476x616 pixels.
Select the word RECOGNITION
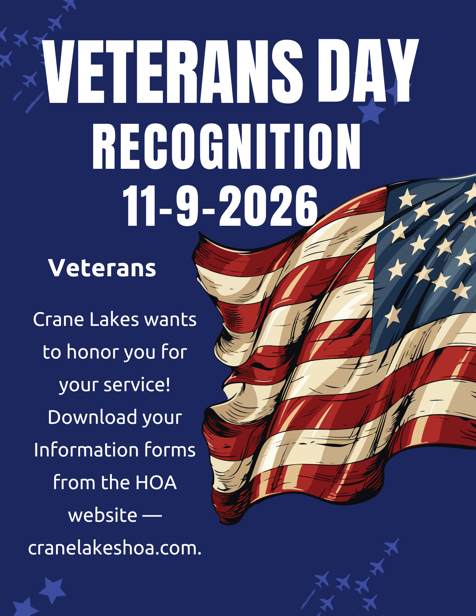(226, 146)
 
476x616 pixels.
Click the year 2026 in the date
(268, 205)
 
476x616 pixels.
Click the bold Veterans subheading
(102, 268)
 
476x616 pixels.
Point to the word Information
(86, 450)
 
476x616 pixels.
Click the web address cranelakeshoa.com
(115, 549)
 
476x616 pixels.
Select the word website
(103, 515)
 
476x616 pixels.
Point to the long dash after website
(152, 515)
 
